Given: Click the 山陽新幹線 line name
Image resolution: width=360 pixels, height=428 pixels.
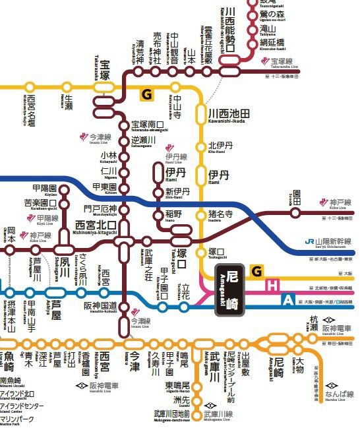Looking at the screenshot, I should (x=333, y=242).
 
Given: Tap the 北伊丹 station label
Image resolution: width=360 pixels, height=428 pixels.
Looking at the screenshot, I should (x=221, y=146).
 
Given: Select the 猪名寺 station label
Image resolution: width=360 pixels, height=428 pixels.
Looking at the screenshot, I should (x=221, y=214).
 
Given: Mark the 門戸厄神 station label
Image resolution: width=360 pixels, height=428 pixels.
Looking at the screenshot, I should (x=98, y=209).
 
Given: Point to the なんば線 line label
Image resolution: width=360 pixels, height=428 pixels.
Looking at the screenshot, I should (x=339, y=394).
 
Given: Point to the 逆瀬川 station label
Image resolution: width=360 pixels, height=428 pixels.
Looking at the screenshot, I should (x=143, y=141).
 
